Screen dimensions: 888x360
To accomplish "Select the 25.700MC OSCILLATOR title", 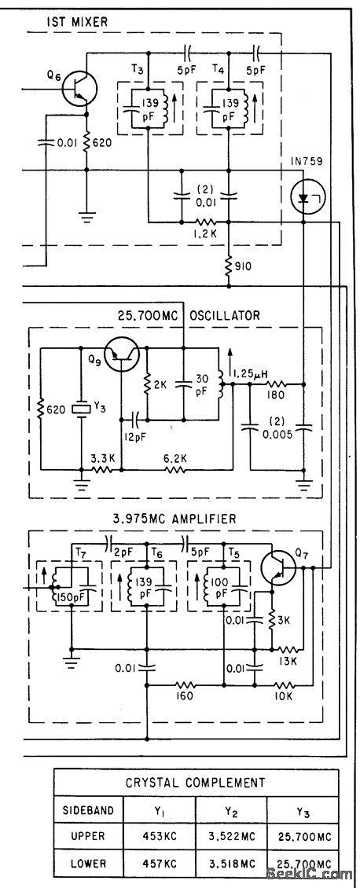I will pos(189,316).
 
